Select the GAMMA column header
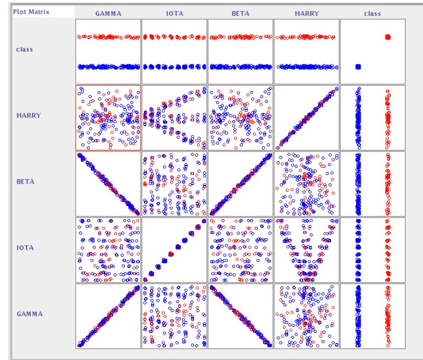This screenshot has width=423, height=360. pyautogui.click(x=108, y=14)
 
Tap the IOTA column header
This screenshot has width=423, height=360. pyautogui.click(x=174, y=14)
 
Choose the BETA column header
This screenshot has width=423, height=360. pyautogui.click(x=240, y=14)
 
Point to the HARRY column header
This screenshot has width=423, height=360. pyautogui.click(x=306, y=14)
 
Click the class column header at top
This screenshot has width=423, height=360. pyautogui.click(x=372, y=14)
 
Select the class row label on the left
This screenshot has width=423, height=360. pyautogui.click(x=24, y=49)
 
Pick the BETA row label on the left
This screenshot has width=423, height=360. pyautogui.click(x=25, y=181)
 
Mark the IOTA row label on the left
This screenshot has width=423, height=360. pyautogui.click(x=25, y=247)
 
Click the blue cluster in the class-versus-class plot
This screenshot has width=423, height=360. pyautogui.click(x=358, y=67)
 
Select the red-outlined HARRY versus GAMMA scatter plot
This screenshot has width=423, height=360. pyautogui.click(x=108, y=117)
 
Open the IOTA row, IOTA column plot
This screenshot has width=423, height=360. pyautogui.click(x=174, y=249)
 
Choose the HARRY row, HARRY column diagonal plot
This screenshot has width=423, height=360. pyautogui.click(x=307, y=117)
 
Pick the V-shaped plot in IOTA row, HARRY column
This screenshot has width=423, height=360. pyautogui.click(x=307, y=249)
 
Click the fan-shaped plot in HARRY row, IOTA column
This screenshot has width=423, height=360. pyautogui.click(x=174, y=117)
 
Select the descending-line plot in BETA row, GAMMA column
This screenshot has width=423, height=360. pyautogui.click(x=108, y=183)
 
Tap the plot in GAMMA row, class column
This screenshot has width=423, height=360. pyautogui.click(x=373, y=315)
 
